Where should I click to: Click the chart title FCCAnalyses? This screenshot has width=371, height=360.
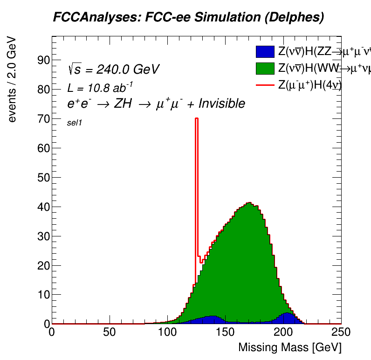click(188, 17)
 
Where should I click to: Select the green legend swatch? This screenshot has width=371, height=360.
click(265, 68)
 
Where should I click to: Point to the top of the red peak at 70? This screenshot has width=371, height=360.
click(197, 118)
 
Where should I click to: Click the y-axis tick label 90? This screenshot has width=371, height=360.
click(43, 60)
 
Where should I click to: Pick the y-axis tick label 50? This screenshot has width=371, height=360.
click(43, 178)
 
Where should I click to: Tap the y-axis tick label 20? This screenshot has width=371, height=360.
click(43, 266)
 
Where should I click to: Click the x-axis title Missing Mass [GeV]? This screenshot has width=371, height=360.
click(289, 348)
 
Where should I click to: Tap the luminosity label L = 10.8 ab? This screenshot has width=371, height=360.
click(94, 87)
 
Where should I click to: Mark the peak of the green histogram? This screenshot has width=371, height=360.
click(249, 204)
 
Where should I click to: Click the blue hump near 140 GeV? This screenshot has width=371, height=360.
click(213, 319)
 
